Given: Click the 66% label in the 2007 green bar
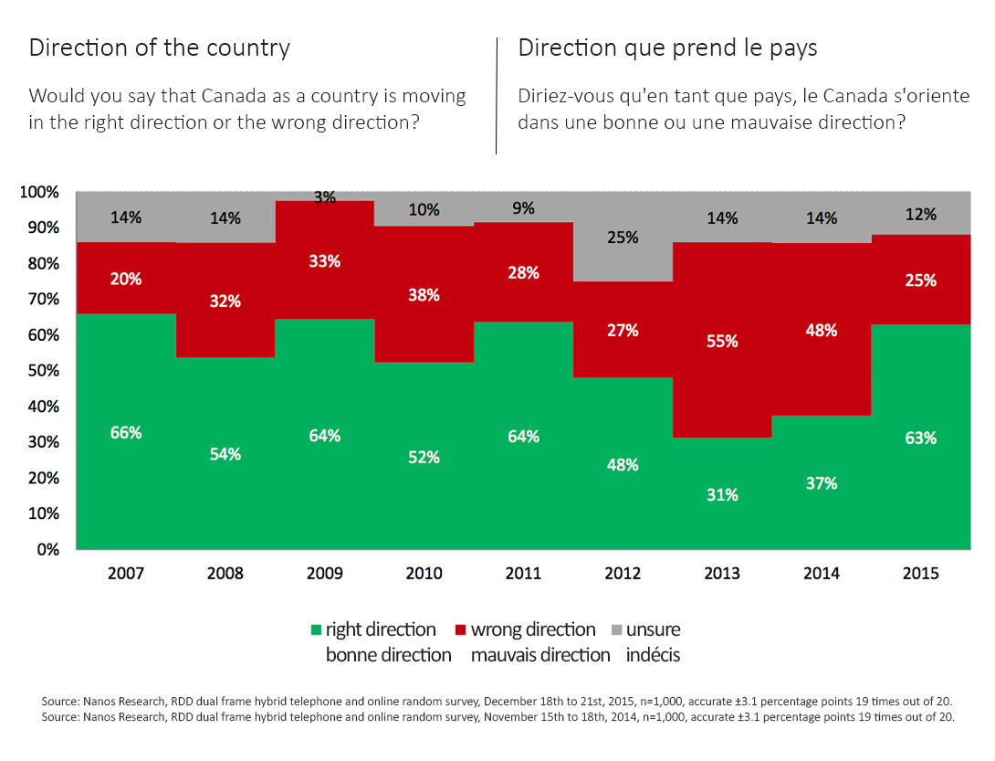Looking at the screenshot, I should [x=126, y=433].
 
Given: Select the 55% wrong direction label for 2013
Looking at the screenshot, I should [x=722, y=341].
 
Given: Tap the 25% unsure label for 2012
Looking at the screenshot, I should [x=623, y=238].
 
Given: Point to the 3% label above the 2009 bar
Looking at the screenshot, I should [x=325, y=196].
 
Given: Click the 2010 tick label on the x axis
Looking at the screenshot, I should [x=424, y=574].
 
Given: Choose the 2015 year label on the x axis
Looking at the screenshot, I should [x=920, y=574].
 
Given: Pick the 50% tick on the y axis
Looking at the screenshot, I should [x=43, y=371].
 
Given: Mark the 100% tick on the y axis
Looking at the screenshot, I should [x=39, y=192].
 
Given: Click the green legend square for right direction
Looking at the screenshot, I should [x=317, y=630].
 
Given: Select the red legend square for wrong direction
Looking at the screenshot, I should [x=461, y=630].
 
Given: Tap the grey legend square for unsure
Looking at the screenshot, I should [x=616, y=630].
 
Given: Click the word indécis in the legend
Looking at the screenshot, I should [x=653, y=655].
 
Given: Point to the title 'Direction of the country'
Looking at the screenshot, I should [x=160, y=48].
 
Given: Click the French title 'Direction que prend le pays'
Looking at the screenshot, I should [x=667, y=48].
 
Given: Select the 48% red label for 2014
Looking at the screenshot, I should [x=822, y=331].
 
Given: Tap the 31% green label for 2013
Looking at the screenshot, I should [x=722, y=495].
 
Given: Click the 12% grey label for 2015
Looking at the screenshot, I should [x=920, y=215].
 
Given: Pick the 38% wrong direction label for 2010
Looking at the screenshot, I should [x=424, y=295].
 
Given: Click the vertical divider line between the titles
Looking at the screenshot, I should [x=496, y=95].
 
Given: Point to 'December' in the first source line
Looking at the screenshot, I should [x=511, y=701].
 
